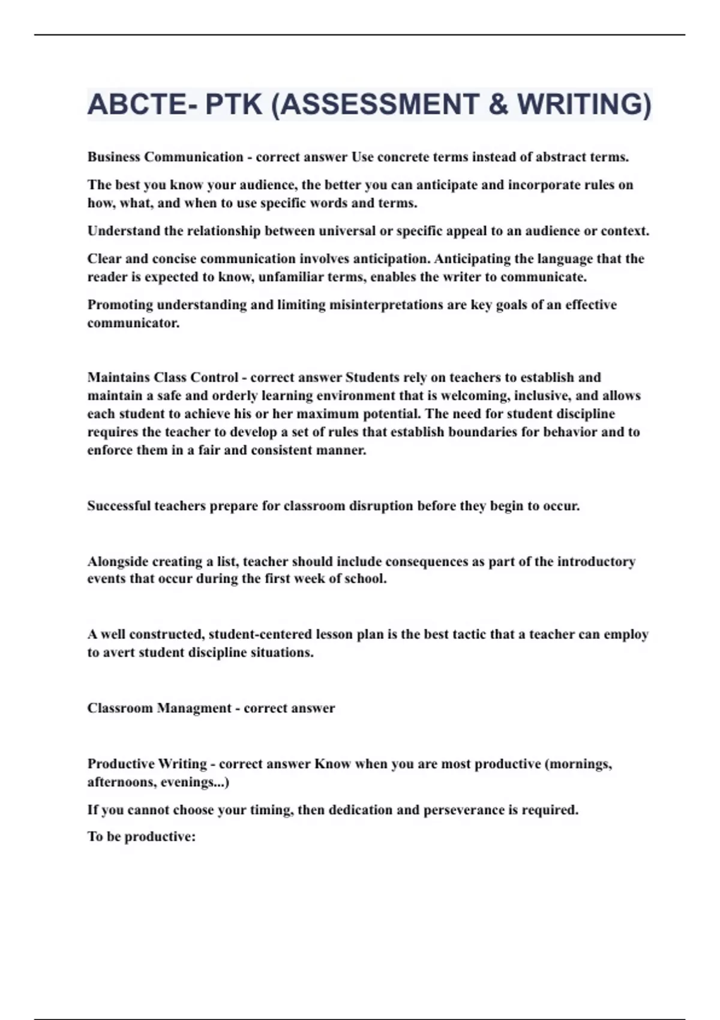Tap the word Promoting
(120, 305)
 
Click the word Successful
(119, 506)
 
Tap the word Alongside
(118, 562)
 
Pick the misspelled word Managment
(194, 708)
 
